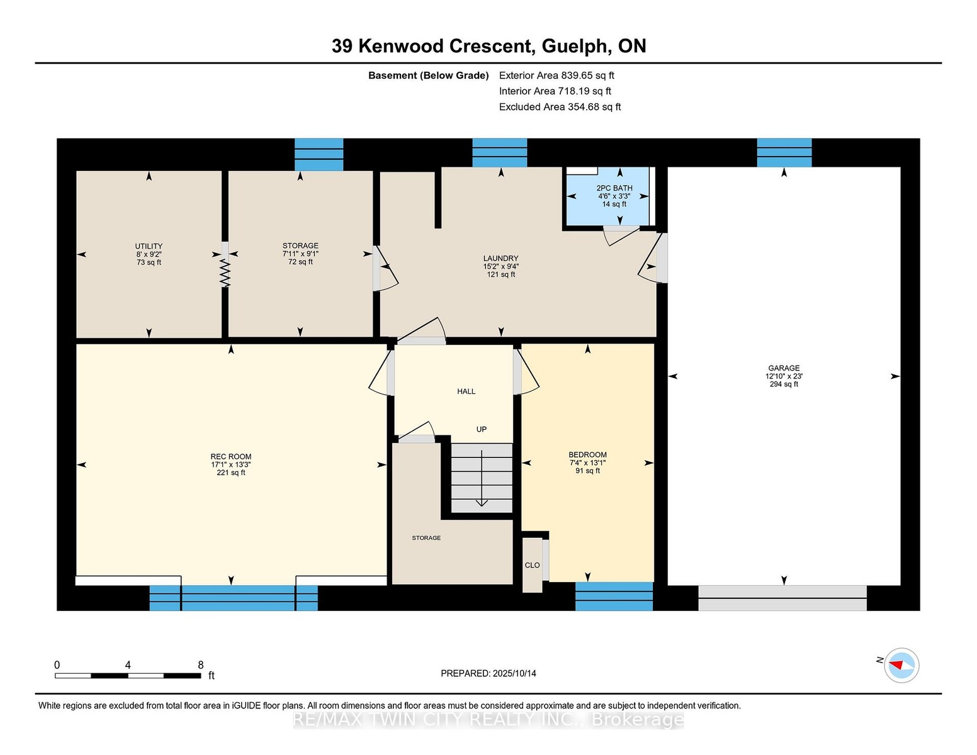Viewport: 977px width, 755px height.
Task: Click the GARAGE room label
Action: (784, 368)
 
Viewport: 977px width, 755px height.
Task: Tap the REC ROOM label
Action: (230, 456)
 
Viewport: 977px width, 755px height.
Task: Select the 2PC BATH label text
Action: (614, 187)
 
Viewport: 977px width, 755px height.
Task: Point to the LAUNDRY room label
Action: (500, 258)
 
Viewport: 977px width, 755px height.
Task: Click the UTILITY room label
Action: (149, 246)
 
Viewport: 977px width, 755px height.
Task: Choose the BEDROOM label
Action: (587, 454)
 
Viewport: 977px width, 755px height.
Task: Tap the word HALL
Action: (466, 391)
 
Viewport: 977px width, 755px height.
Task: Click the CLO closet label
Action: (532, 565)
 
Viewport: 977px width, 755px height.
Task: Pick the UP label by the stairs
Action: (481, 429)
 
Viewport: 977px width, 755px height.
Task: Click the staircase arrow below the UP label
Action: (482, 478)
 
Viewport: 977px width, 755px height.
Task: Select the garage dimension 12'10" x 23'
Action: (784, 376)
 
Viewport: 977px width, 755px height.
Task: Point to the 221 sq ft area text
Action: (230, 473)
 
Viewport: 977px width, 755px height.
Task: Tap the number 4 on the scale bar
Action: (128, 665)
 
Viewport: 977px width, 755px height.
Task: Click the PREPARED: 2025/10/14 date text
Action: (488, 673)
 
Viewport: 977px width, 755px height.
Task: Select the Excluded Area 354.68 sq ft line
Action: (560, 107)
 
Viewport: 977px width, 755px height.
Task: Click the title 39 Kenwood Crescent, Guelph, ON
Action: (488, 46)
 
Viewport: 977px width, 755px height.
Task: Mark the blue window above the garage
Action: (784, 153)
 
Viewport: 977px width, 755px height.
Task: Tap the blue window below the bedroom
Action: (614, 596)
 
